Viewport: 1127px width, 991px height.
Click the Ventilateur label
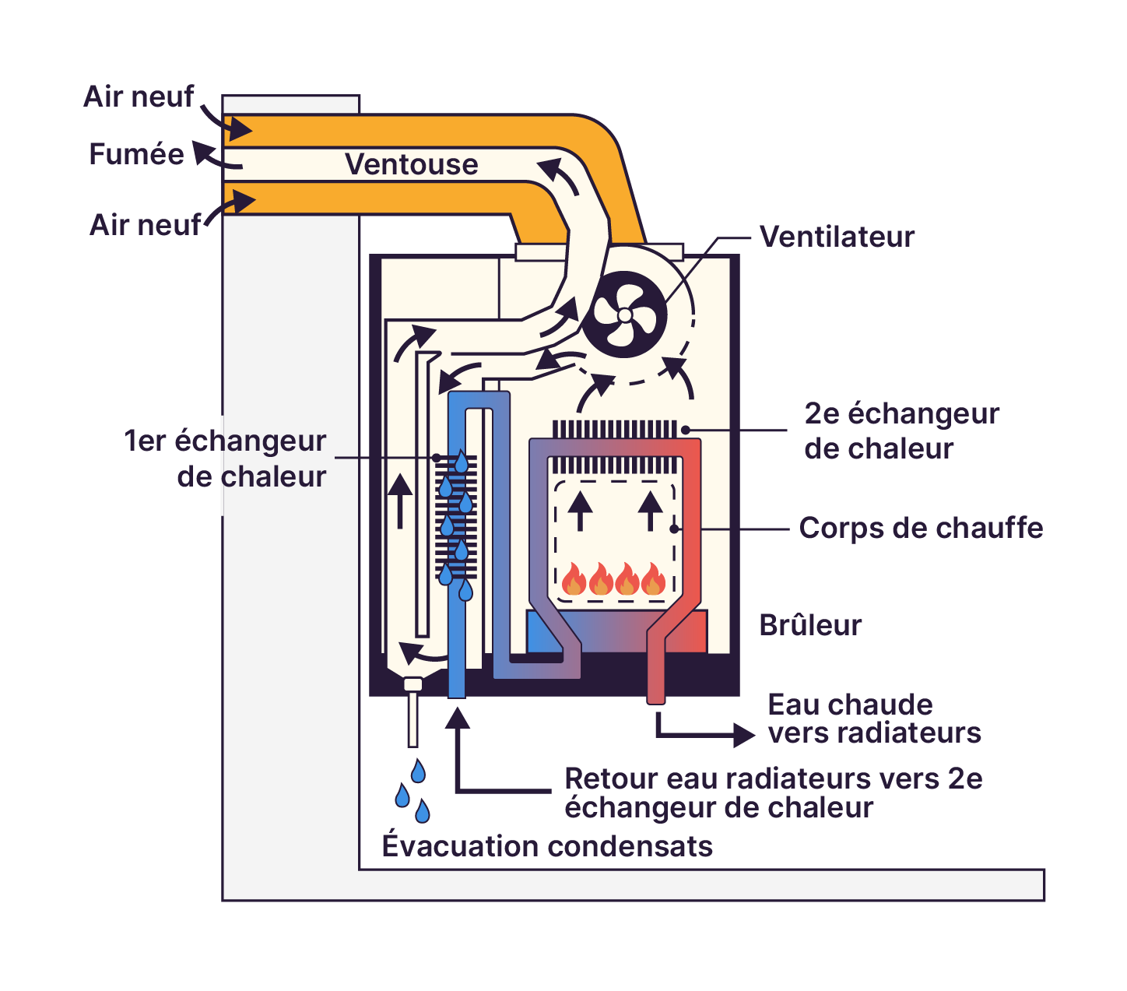(x=836, y=237)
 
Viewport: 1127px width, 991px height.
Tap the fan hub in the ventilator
(x=624, y=315)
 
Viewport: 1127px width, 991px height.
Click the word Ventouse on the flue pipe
(x=411, y=164)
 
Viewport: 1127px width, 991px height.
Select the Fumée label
(x=136, y=154)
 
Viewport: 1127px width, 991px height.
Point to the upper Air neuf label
(x=139, y=97)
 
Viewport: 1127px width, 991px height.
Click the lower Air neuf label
(x=145, y=225)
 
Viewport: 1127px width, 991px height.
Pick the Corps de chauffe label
(x=920, y=528)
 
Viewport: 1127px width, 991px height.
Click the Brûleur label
(x=810, y=625)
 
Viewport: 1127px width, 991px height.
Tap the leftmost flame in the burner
(x=574, y=580)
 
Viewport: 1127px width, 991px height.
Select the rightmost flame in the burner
(x=654, y=580)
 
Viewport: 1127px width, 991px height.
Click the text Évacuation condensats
(x=546, y=845)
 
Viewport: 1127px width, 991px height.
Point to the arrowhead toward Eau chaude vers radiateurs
(x=744, y=734)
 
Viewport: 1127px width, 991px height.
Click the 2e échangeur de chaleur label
(x=901, y=430)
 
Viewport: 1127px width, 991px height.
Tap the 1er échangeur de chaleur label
(x=226, y=459)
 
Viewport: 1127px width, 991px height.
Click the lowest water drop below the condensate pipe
(x=422, y=812)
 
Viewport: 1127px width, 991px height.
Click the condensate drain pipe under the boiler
(x=413, y=716)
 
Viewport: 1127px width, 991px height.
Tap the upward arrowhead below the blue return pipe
(x=458, y=717)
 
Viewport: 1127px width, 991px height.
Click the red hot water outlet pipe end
(x=656, y=697)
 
